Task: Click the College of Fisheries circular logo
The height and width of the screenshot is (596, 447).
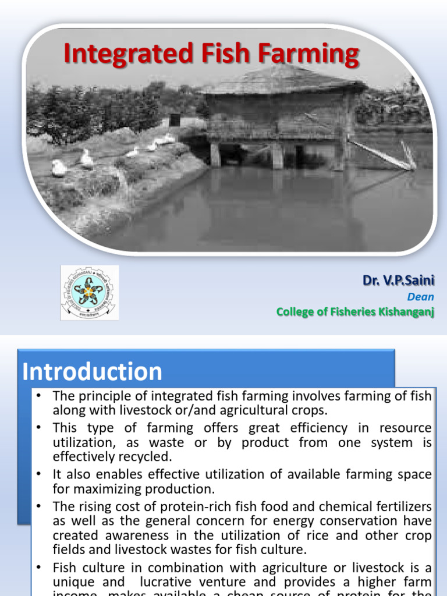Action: coord(89,293)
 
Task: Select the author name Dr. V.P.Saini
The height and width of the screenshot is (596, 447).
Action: coord(399,281)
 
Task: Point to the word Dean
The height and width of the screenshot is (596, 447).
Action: coord(420,297)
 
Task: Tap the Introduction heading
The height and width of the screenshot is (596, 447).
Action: coord(93,372)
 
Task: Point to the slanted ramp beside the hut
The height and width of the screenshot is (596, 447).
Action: coord(381,154)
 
